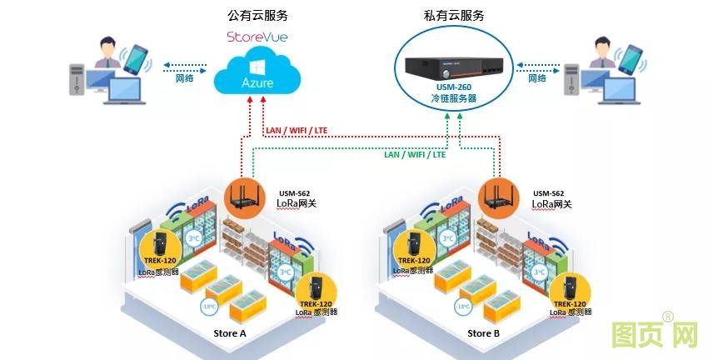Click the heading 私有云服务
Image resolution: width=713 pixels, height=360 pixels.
(x=454, y=15)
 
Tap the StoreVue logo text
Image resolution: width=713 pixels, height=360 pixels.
(x=257, y=37)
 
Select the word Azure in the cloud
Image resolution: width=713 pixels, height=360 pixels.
(x=257, y=84)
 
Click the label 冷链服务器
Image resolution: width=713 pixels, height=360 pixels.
(x=455, y=97)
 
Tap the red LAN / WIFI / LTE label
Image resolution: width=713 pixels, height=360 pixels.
(x=296, y=130)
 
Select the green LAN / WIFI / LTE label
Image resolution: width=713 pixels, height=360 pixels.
(x=415, y=154)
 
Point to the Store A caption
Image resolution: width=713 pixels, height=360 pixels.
(x=230, y=333)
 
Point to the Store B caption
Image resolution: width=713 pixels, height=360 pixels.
(x=484, y=333)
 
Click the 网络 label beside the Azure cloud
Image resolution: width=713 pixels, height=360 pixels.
(x=185, y=78)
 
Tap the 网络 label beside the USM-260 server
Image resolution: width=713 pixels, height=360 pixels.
(x=537, y=78)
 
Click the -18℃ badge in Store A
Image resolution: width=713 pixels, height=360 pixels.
(x=208, y=307)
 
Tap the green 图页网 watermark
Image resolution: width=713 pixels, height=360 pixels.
(x=654, y=335)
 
